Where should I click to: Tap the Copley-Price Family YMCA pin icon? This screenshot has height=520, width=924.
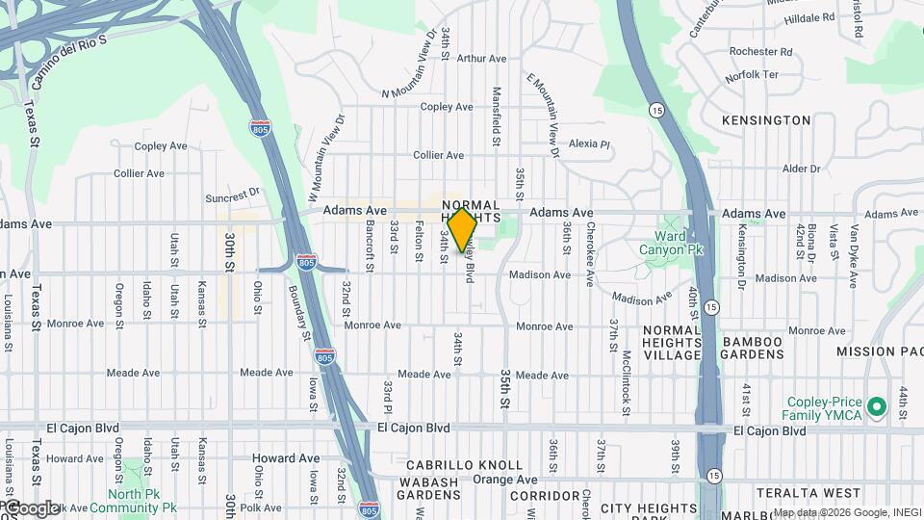tap(876, 406)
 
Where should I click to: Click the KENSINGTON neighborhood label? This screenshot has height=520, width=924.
tap(766, 120)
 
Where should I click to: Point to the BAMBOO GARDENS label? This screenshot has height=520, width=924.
tap(766, 349)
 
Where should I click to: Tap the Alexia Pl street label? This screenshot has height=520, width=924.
tap(589, 143)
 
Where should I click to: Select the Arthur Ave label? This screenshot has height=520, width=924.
tap(481, 59)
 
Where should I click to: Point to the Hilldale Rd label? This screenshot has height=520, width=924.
tap(809, 17)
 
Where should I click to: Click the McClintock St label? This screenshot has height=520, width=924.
tap(626, 382)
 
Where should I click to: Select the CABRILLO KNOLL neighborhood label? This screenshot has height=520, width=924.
tap(465, 465)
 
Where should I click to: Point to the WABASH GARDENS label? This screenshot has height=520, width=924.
tap(428, 487)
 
